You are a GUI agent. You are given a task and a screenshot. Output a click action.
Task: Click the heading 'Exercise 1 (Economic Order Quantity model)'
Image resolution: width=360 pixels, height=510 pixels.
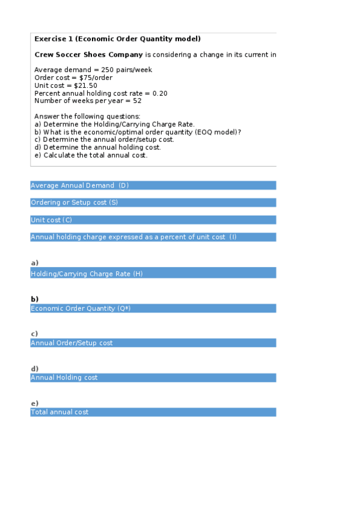coord(117,38)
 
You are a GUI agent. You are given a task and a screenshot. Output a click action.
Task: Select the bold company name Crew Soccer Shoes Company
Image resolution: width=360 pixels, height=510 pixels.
coord(88,55)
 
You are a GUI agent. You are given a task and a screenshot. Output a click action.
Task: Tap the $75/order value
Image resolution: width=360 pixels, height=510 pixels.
coord(96,78)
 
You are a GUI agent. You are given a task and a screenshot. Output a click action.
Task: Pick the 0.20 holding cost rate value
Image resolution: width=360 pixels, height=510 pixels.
coord(160,93)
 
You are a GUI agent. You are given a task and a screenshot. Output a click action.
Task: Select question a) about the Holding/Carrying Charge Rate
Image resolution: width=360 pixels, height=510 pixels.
coord(114,124)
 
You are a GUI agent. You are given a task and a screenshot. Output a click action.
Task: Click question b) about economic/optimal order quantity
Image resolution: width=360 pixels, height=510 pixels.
coord(138,132)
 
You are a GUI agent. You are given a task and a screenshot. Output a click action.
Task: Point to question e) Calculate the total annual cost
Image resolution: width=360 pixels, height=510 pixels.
coord(91,155)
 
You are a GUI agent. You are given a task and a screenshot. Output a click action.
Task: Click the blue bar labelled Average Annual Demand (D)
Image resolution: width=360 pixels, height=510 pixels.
coord(153,186)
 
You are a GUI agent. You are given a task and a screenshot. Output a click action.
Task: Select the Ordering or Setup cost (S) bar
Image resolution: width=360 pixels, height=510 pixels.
coord(153,203)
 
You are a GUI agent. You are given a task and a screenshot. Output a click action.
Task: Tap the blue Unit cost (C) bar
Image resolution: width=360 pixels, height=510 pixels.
coord(153,220)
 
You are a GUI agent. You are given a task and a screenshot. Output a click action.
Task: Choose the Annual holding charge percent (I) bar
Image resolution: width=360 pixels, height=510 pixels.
coord(153,237)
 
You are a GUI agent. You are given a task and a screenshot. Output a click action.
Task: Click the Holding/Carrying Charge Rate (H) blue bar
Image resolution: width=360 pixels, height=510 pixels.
coord(153,274)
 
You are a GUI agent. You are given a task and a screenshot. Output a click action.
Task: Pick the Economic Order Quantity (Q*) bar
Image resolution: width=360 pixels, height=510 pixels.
coord(153,309)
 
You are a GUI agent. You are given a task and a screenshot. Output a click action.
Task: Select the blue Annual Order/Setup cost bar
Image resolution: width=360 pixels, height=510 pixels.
coord(153,343)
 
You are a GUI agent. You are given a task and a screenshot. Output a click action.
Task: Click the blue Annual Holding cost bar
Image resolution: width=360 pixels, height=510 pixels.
coord(153,378)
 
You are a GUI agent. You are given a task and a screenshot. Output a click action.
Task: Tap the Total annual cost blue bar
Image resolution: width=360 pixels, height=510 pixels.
coord(153,412)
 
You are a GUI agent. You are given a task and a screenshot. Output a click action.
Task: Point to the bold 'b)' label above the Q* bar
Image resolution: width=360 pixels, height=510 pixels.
coord(35,299)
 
